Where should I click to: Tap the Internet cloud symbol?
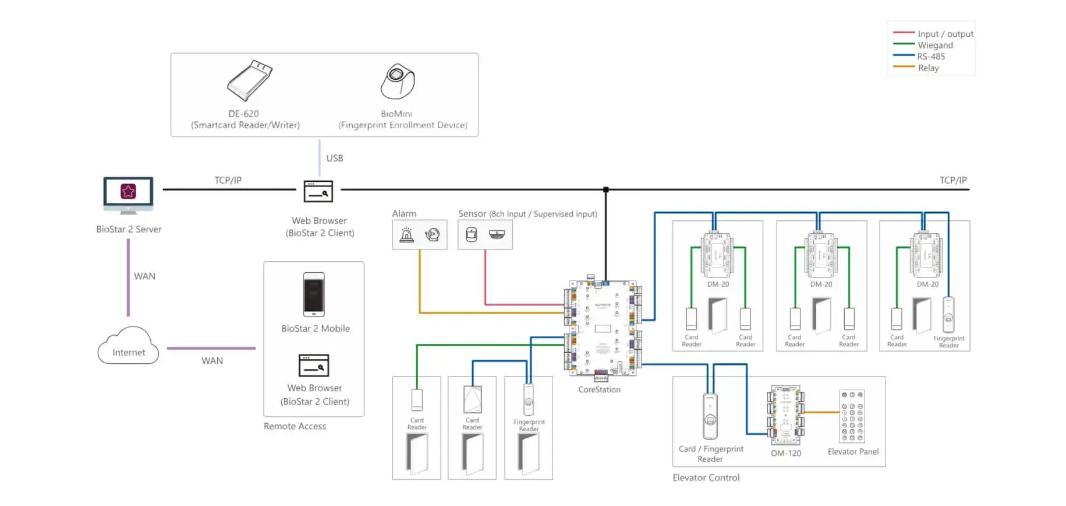pos(128,346)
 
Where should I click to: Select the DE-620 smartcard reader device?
pos(250,80)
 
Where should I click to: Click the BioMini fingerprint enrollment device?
pos(398,81)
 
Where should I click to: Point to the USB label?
pos(335,158)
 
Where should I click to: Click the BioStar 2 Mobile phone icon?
pos(314,294)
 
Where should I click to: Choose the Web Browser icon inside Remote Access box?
pos(314,366)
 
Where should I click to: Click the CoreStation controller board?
pos(603,328)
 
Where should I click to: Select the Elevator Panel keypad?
pos(852,416)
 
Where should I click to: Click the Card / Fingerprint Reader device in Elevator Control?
pos(710,416)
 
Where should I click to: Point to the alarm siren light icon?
pos(406,234)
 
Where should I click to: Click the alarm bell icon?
pos(432,234)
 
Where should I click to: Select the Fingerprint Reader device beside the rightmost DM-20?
pos(948,315)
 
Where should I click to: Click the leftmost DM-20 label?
pos(718,284)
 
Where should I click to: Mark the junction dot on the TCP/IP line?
pos(606,189)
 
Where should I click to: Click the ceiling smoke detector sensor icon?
pos(497,234)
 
